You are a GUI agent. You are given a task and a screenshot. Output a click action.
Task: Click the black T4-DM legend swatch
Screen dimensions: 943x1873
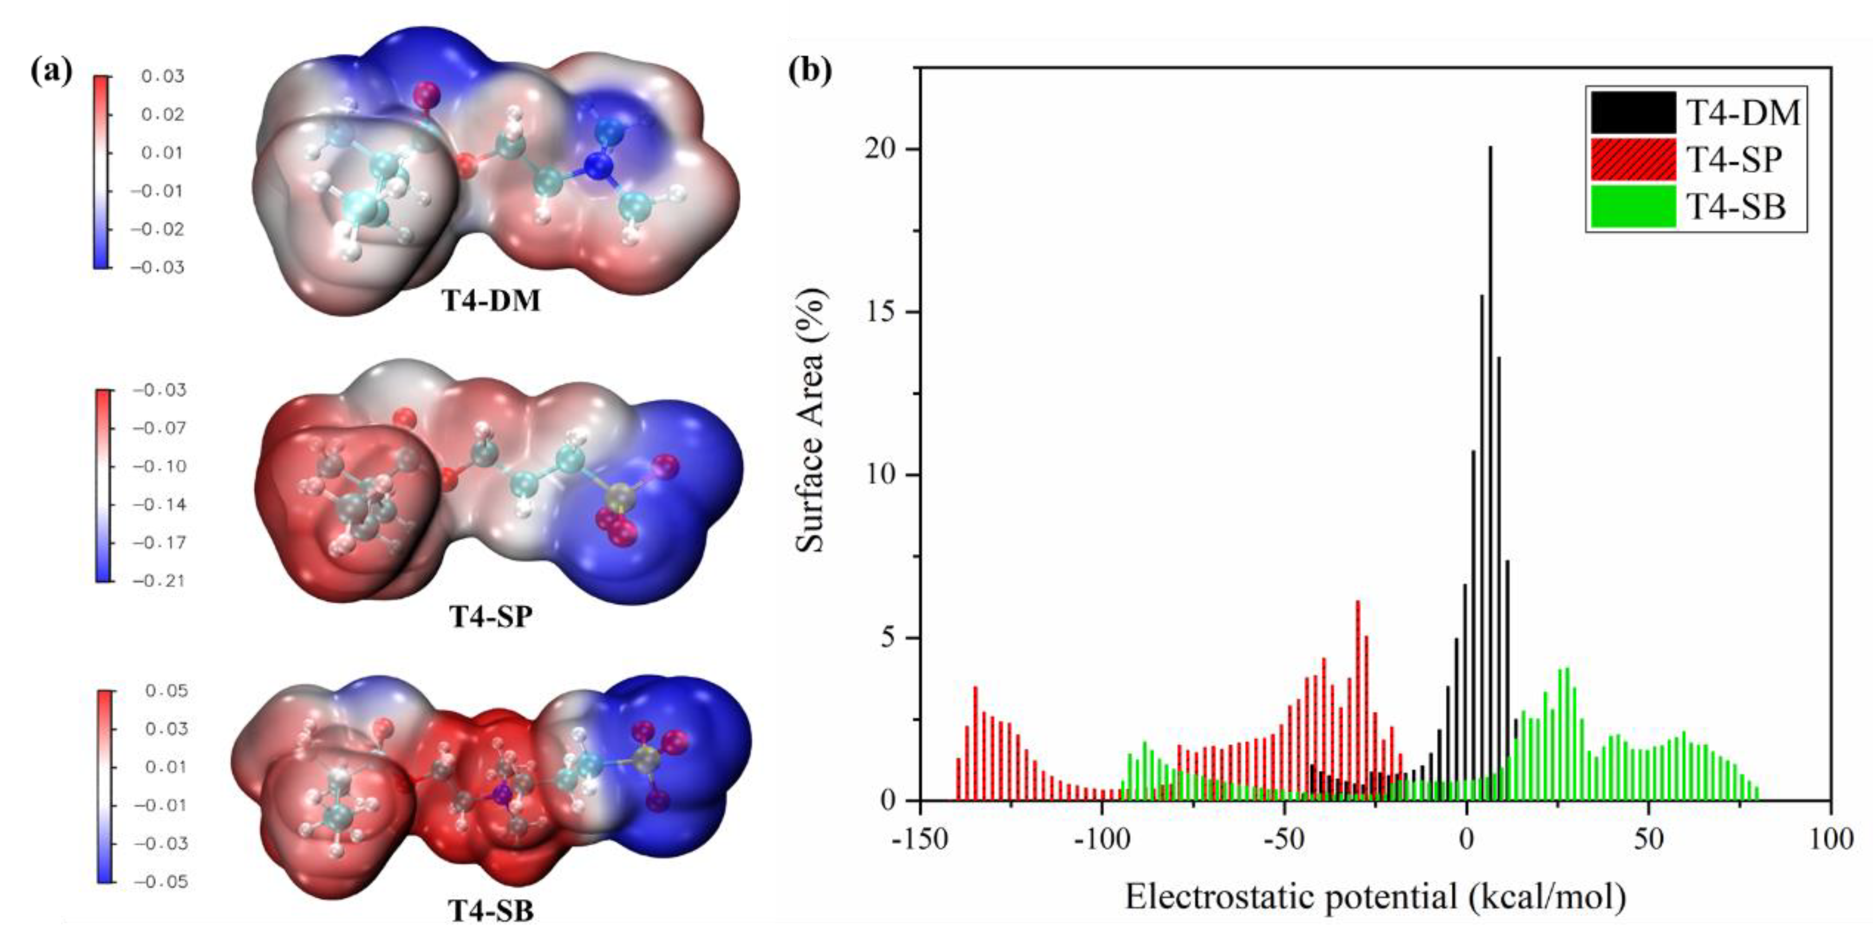[1631, 112]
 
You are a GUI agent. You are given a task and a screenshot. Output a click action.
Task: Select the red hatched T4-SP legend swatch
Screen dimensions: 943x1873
[1631, 159]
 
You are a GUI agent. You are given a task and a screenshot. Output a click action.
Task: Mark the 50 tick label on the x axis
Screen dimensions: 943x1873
[1648, 839]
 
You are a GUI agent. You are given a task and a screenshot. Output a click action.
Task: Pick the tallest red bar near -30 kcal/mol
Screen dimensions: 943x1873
[1358, 698]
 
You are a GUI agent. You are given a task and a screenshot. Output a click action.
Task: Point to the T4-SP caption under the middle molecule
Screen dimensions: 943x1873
[492, 617]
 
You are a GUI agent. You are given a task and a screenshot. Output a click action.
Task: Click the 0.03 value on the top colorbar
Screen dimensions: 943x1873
[162, 77]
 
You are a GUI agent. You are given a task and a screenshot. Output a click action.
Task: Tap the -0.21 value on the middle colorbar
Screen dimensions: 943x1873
[159, 581]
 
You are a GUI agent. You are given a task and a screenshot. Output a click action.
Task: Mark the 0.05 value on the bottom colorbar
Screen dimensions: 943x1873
[166, 691]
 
